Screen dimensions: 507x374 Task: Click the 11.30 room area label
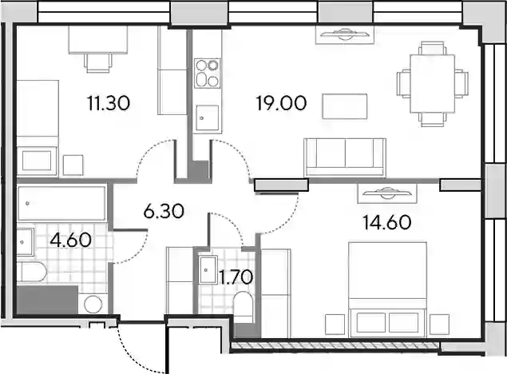(x=109, y=103)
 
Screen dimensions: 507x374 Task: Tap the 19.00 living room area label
(x=281, y=103)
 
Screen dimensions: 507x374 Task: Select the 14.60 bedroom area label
(x=387, y=223)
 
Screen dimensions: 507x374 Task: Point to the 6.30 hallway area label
(x=164, y=211)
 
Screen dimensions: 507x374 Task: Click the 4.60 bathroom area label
(x=71, y=240)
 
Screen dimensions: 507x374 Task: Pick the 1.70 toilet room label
(x=236, y=277)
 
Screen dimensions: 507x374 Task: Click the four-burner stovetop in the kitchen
(x=208, y=73)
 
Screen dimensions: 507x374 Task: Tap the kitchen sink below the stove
(x=206, y=118)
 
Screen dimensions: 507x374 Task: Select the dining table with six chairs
(x=433, y=83)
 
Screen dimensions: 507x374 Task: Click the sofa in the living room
(x=345, y=158)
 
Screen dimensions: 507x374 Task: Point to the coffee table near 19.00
(x=345, y=106)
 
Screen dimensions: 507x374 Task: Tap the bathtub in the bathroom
(x=61, y=204)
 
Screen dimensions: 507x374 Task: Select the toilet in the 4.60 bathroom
(x=32, y=273)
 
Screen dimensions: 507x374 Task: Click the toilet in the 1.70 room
(x=244, y=307)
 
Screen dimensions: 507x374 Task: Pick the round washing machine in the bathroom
(x=93, y=304)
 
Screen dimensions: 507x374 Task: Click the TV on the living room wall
(x=345, y=34)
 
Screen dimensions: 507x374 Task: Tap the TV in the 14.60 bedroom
(x=387, y=194)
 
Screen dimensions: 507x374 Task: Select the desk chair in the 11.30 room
(x=99, y=63)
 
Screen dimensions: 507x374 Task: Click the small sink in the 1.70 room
(x=208, y=270)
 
